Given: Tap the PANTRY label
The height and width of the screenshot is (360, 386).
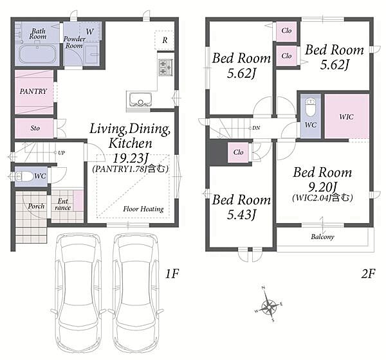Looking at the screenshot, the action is [33, 91].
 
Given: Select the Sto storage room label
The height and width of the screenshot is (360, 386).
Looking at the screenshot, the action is [35, 128].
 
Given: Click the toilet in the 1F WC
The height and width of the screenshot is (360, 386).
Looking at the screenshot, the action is [24, 176].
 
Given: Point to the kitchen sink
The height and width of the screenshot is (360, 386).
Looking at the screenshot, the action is [140, 100].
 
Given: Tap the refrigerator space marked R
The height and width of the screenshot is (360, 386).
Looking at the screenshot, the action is [165, 40].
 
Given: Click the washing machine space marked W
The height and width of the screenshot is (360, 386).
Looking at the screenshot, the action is [90, 32].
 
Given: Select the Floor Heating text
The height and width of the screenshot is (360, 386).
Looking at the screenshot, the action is [143, 209].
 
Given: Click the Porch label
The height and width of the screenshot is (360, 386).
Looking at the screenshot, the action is [36, 206].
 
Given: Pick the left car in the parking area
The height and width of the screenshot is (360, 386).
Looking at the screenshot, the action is [78, 286].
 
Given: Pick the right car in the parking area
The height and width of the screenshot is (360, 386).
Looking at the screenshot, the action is [136, 286].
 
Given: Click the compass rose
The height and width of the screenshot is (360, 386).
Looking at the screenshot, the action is [269, 305].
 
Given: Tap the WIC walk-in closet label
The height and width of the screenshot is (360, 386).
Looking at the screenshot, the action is [346, 116].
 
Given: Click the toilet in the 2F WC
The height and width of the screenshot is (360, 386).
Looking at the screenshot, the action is [311, 107].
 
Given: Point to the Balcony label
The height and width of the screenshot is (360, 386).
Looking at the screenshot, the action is [322, 237].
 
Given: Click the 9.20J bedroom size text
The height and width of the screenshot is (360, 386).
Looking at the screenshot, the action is [322, 188].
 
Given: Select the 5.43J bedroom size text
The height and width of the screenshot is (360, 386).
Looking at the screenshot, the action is [241, 215].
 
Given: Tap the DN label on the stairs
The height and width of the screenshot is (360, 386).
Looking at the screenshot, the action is [256, 128].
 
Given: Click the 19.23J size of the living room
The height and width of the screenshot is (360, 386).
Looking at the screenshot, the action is [131, 158].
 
